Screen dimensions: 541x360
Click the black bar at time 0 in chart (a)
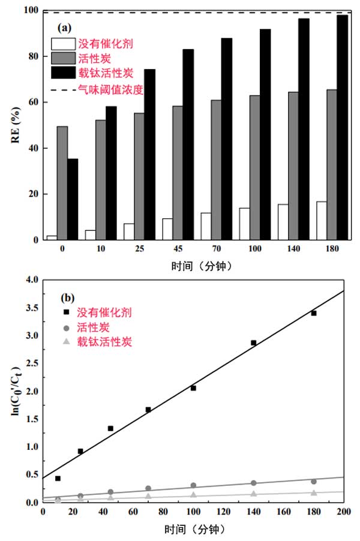(x=72, y=199)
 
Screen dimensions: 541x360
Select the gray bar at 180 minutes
(x=332, y=164)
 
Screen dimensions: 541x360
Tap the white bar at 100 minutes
(x=244, y=224)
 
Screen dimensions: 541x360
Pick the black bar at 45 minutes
(x=188, y=145)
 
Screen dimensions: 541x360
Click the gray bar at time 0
(x=62, y=183)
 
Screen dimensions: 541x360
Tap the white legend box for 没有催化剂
(x=63, y=44)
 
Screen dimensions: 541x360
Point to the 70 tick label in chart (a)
(x=216, y=248)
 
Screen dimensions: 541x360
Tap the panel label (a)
(x=65, y=27)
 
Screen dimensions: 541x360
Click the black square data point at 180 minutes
(x=313, y=313)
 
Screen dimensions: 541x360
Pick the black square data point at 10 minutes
(x=58, y=478)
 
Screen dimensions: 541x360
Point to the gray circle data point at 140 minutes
(x=253, y=483)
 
